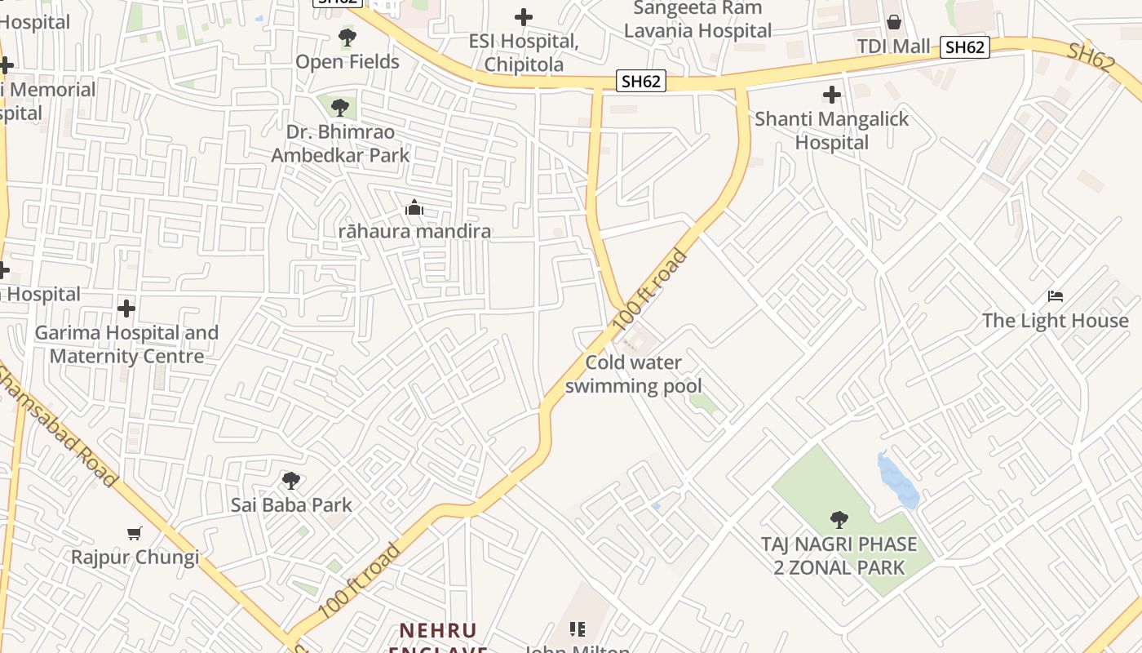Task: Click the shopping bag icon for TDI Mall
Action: [x=894, y=22]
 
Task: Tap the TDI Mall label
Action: [x=894, y=47]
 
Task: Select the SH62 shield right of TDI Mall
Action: [x=965, y=47]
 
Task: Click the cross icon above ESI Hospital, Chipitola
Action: [x=524, y=16]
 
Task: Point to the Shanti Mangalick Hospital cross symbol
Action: [x=831, y=95]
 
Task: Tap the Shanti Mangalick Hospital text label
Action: [x=831, y=131]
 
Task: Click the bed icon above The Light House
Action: [x=1056, y=296]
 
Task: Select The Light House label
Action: [x=1056, y=321]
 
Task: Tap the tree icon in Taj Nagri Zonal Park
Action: [x=838, y=519]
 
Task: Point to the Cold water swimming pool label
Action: [x=634, y=375]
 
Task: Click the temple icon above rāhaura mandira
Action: [x=414, y=208]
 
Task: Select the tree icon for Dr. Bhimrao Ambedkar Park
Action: [x=340, y=107]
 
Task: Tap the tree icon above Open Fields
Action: [x=347, y=38]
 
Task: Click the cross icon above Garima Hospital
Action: [x=126, y=309]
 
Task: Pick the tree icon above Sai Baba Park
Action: [x=291, y=481]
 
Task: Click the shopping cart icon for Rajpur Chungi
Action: [x=135, y=533]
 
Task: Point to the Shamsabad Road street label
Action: [x=57, y=426]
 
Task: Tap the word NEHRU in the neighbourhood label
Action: [x=438, y=631]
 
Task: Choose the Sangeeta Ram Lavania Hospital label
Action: [x=697, y=20]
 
